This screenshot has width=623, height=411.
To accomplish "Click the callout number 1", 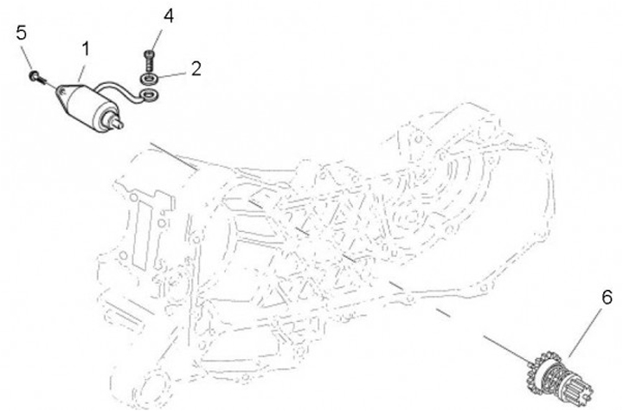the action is [x=86, y=49].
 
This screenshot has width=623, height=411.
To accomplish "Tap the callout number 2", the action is [x=196, y=68].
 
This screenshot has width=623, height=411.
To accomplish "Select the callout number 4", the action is [x=169, y=16].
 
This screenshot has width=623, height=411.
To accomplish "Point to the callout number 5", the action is [x=22, y=33].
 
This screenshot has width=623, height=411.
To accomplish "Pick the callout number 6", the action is [x=607, y=298].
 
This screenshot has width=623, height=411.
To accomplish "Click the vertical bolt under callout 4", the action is [x=149, y=61].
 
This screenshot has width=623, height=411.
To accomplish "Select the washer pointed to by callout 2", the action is [x=150, y=79].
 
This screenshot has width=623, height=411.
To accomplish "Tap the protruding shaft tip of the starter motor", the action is [x=118, y=124].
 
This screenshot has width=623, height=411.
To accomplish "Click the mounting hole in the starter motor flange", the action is [x=61, y=93].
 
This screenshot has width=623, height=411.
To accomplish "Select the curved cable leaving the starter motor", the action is [x=119, y=88].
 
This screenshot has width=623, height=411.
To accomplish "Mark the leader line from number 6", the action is [x=585, y=332].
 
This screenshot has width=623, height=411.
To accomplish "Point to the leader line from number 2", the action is [x=173, y=74].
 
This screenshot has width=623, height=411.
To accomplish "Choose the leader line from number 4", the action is [x=157, y=39].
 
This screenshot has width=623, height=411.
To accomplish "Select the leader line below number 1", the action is [x=81, y=72].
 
